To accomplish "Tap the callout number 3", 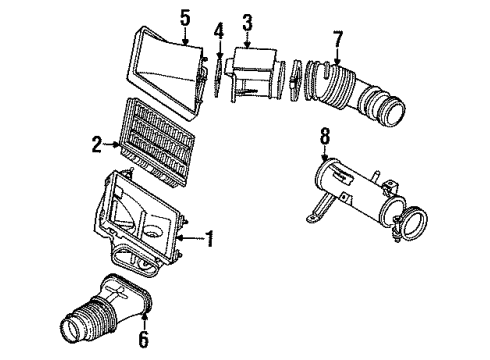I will [x=247, y=21].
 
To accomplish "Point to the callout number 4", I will [x=218, y=34].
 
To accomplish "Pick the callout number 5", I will [x=183, y=16].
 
